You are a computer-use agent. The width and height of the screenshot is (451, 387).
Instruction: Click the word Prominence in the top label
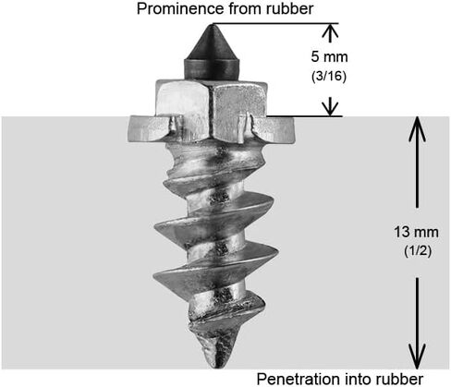click(x=180, y=9)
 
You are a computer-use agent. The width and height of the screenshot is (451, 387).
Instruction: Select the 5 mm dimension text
click(x=329, y=57)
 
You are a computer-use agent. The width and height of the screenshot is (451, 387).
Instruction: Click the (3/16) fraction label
click(x=329, y=76)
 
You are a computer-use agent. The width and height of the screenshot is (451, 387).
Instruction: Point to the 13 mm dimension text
click(x=416, y=232)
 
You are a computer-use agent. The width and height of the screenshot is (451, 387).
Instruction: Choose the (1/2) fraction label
click(x=418, y=251)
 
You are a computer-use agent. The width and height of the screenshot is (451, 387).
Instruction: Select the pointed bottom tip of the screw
click(x=217, y=367)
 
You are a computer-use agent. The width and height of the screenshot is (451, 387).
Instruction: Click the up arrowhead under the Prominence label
click(x=330, y=30)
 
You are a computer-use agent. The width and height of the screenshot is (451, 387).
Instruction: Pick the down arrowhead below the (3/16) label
click(x=330, y=109)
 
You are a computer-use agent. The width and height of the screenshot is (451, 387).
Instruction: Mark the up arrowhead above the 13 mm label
click(x=417, y=128)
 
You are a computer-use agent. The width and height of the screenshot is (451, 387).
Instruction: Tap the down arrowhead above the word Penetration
click(x=417, y=357)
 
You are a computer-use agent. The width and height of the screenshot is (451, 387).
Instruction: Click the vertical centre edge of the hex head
click(x=211, y=114)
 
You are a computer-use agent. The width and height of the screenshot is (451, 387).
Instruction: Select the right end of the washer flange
click(x=293, y=130)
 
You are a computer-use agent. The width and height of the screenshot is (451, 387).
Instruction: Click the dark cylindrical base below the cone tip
click(x=212, y=70)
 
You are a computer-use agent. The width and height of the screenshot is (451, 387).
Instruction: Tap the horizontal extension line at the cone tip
click(x=275, y=23)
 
